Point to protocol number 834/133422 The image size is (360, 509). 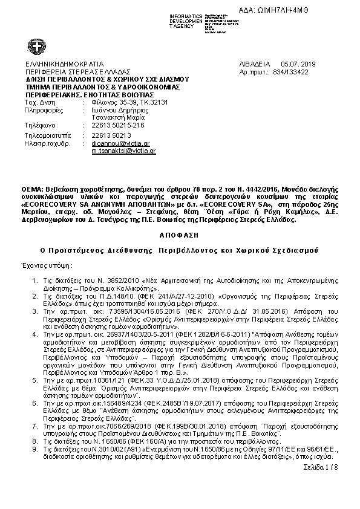pos(291,71)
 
